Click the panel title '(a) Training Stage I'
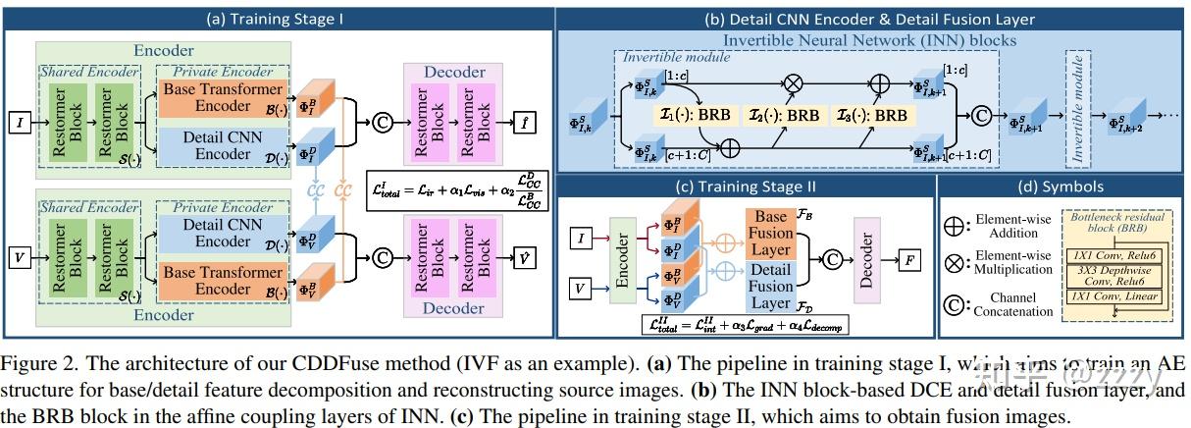(x=279, y=19)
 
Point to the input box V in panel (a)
(x=19, y=259)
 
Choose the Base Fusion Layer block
(x=771, y=233)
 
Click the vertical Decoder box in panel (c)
(x=866, y=262)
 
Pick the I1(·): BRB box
(x=692, y=115)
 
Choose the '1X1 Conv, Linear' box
(x=1113, y=296)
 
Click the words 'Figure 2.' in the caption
(x=40, y=362)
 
